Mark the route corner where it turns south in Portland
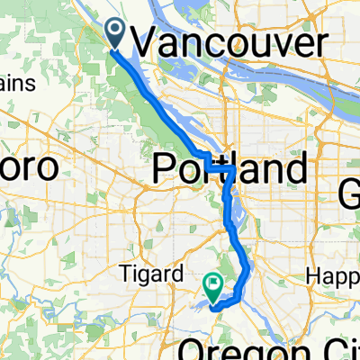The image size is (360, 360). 232,168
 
